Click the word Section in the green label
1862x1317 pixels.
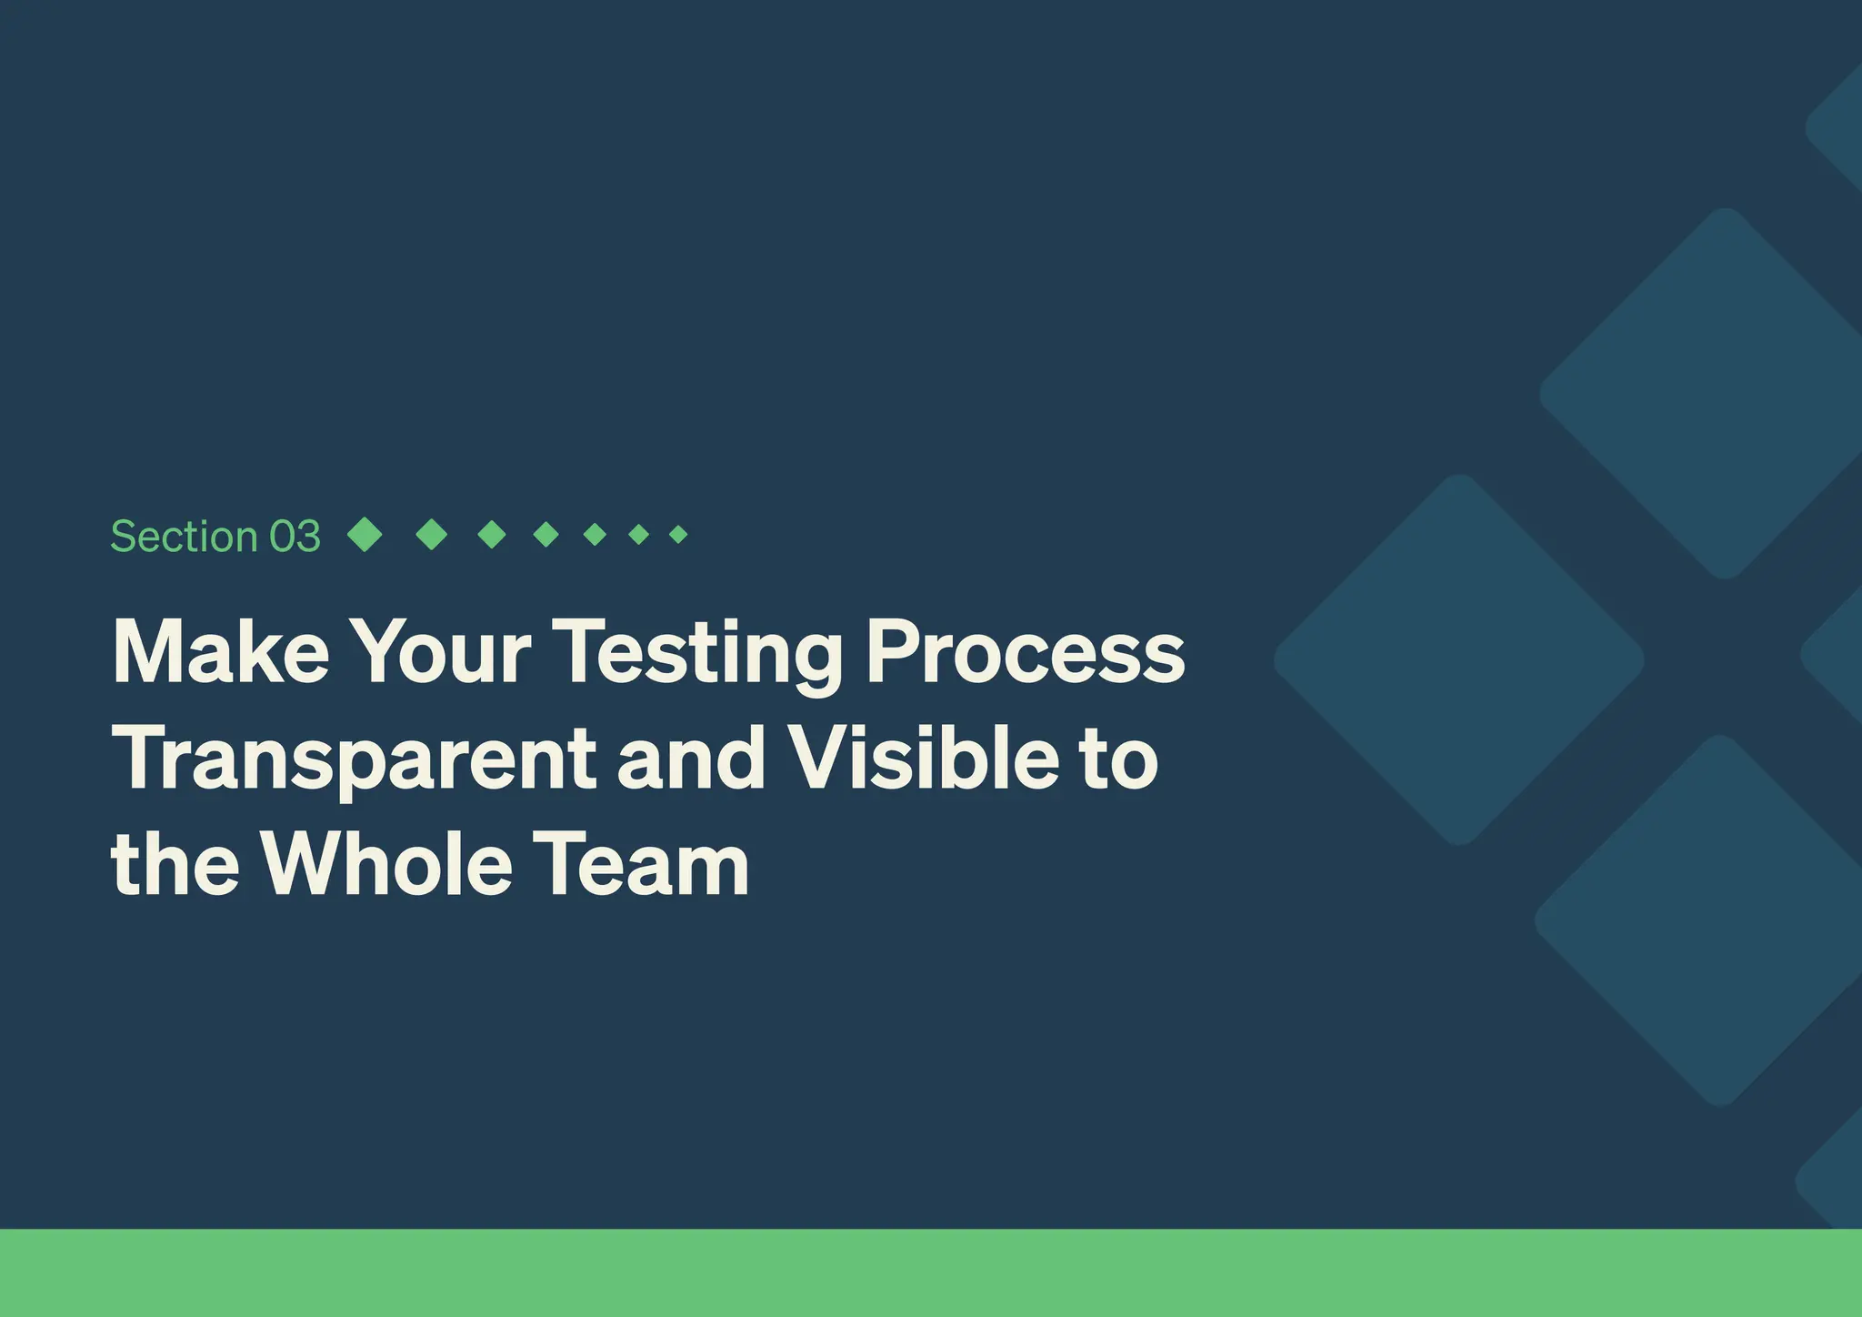click(184, 537)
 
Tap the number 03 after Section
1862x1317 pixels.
click(295, 537)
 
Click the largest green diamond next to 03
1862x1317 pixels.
click(365, 534)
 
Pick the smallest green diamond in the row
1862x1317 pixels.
click(678, 534)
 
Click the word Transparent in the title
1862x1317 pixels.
click(354, 759)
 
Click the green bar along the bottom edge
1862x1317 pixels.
click(931, 1272)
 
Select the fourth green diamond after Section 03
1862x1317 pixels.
click(546, 534)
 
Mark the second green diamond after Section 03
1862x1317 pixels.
click(431, 534)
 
